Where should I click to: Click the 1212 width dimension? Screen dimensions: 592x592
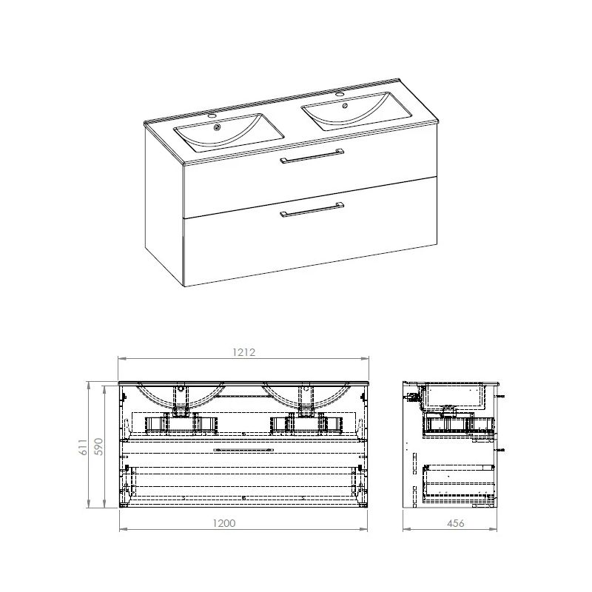click(244, 352)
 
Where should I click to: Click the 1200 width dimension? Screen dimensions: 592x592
click(224, 523)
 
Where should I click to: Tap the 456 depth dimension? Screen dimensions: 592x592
click(456, 523)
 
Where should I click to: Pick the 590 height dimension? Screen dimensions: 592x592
click(98, 446)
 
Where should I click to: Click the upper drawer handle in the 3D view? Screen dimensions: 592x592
click(312, 155)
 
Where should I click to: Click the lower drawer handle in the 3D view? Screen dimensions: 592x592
click(312, 210)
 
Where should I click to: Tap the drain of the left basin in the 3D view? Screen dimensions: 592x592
click(217, 127)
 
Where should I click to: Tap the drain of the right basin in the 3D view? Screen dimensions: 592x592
click(344, 105)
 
